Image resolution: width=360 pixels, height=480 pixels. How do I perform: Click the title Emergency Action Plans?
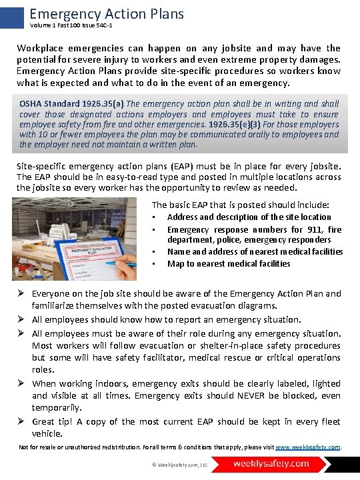(107, 13)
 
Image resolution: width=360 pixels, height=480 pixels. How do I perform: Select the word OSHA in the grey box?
(32, 104)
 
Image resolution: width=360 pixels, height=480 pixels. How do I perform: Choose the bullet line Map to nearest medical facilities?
(229, 263)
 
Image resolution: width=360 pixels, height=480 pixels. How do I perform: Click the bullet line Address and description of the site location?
(249, 217)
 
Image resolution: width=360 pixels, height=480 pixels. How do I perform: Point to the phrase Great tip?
(53, 421)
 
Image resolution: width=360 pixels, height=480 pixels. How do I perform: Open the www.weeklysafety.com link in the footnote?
(307, 447)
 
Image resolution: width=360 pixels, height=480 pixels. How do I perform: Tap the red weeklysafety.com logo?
(271, 463)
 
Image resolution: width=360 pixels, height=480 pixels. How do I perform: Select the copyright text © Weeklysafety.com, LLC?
(179, 464)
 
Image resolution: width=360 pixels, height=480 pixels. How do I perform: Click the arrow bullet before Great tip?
(22, 421)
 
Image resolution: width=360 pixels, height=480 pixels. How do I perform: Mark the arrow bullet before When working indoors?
(22, 383)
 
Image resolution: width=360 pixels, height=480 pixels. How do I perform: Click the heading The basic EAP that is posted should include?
(240, 205)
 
